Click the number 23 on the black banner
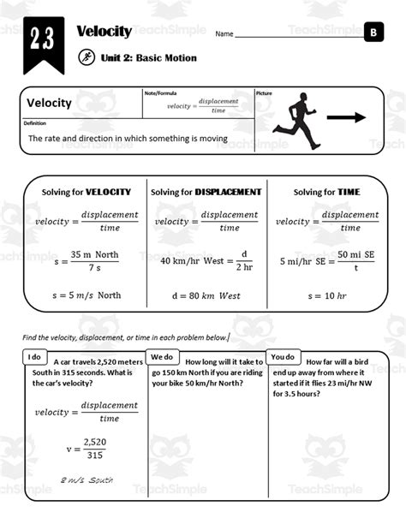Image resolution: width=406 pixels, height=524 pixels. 40,40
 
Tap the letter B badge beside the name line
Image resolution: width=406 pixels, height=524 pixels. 373,33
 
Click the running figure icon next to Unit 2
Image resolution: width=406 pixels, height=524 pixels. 86,58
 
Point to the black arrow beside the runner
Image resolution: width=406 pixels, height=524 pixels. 347,118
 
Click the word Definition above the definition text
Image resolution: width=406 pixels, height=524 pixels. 35,123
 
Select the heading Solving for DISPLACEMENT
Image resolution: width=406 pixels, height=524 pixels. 206,192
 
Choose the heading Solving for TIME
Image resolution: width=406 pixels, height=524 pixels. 325,192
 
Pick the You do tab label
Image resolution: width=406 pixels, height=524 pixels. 284,356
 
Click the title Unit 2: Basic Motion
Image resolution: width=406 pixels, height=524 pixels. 148,58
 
